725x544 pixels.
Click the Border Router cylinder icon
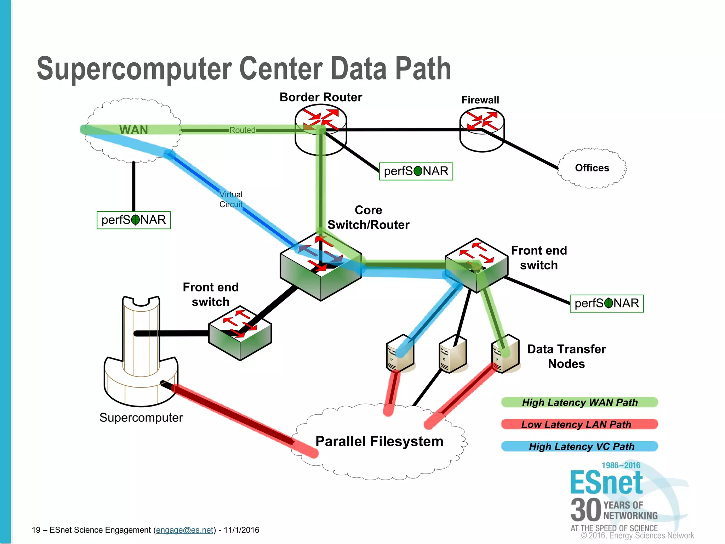[x=321, y=131]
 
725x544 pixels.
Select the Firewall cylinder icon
[x=482, y=129]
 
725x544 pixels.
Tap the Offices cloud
[x=592, y=168]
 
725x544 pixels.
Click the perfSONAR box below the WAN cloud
[x=134, y=220]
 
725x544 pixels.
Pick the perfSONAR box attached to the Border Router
[x=416, y=171]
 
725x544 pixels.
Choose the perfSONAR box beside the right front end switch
[x=607, y=304]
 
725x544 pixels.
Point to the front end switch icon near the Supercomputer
[x=240, y=333]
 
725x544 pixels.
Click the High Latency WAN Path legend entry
[x=580, y=402]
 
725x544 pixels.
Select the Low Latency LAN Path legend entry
[x=580, y=424]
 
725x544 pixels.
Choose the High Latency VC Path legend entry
[x=580, y=446]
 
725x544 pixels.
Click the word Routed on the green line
[x=242, y=130]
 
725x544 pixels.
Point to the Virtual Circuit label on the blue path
[x=231, y=199]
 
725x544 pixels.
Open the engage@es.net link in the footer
[x=185, y=530]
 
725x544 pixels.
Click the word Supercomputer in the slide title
[x=134, y=69]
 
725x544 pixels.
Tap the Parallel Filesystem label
[x=379, y=442]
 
